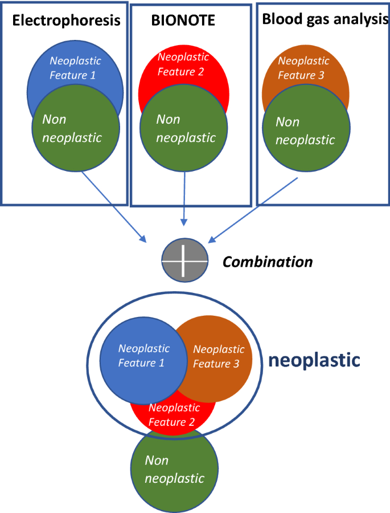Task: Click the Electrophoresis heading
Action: pos(66,21)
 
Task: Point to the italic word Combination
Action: pos(267,262)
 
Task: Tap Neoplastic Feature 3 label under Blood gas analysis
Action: pos(303,68)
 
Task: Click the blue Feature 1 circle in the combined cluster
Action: pos(143,356)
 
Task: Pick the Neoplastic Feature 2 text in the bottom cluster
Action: pos(174,415)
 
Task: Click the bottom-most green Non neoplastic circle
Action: pos(174,470)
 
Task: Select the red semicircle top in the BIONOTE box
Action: pos(183,68)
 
